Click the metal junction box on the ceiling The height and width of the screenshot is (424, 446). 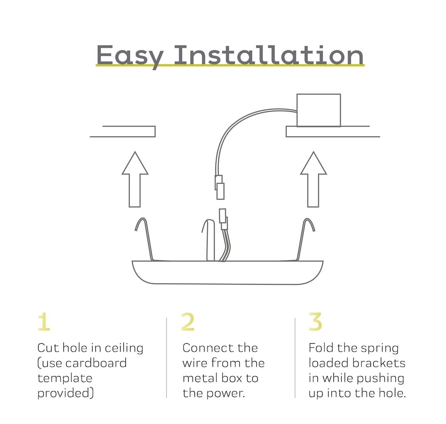point(319,110)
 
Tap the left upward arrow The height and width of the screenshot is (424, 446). point(135,179)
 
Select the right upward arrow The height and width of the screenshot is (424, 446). point(314,179)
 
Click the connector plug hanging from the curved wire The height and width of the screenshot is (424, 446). point(219,187)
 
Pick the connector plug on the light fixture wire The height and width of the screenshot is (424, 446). point(223,219)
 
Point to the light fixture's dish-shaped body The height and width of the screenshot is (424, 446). point(228,272)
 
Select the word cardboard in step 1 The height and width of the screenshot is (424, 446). point(96,363)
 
